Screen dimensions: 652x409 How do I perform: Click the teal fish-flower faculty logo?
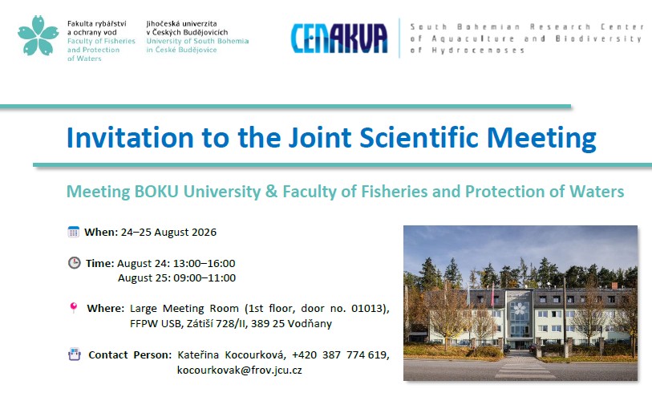pos(38,36)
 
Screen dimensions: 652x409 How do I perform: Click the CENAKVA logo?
pos(339,38)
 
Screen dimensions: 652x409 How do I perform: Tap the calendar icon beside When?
pos(74,232)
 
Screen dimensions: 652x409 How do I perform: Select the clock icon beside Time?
pos(74,263)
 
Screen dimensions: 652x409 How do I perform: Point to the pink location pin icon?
pos(74,308)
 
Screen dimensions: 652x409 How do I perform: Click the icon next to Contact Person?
pos(75,354)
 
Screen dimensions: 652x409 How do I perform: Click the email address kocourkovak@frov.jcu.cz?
pos(240,370)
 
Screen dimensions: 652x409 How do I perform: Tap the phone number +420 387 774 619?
pos(339,354)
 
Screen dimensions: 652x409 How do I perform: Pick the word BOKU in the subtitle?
pos(156,192)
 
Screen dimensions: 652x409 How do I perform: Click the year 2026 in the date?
pos(204,232)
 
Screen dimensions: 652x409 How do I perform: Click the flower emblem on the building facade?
pos(520,308)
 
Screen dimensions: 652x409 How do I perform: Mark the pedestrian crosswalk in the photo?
pos(521,366)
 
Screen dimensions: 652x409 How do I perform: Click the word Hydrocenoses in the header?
pos(478,51)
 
